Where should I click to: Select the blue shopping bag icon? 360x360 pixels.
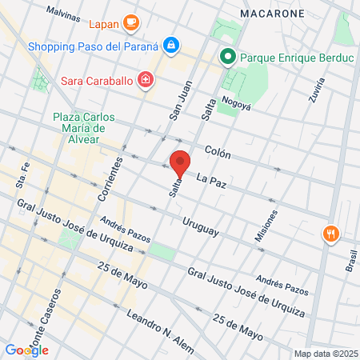point(170,46)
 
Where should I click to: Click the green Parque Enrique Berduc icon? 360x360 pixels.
point(227,58)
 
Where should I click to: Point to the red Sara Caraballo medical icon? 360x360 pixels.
point(145,79)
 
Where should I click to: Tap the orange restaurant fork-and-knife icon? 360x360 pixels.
point(331,234)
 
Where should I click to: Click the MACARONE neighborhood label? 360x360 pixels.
point(271,14)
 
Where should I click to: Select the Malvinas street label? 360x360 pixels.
point(63,13)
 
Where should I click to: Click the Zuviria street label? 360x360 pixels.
point(317,90)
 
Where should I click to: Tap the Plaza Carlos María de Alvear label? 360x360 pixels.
point(85,130)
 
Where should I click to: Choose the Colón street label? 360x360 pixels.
point(218,150)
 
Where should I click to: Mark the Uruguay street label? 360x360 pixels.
point(200,227)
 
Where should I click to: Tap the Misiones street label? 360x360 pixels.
point(271,226)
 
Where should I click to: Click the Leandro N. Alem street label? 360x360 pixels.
point(161,330)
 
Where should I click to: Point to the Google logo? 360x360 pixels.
point(26,350)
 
